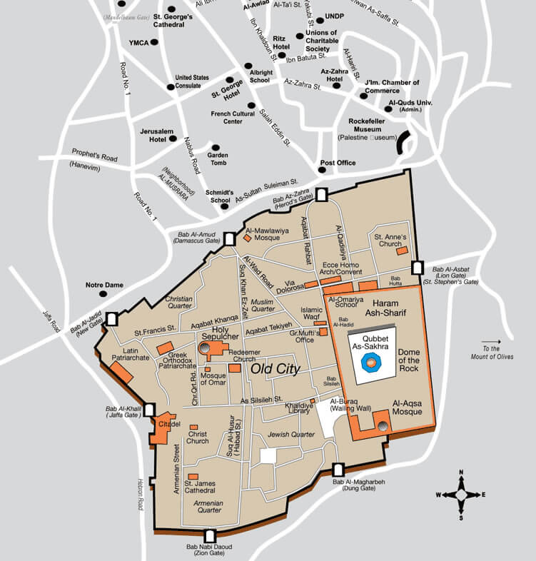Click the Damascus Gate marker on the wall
(x=229, y=240)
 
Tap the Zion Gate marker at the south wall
(x=211, y=536)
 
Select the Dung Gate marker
(x=339, y=470)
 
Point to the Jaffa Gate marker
(x=150, y=410)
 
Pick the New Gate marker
(x=112, y=319)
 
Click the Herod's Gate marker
(x=322, y=194)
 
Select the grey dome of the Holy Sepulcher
(x=204, y=348)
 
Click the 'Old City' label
(x=273, y=369)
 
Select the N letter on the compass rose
(x=461, y=472)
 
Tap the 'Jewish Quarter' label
(x=290, y=434)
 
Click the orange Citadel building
(x=163, y=427)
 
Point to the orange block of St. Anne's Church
(x=402, y=251)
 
